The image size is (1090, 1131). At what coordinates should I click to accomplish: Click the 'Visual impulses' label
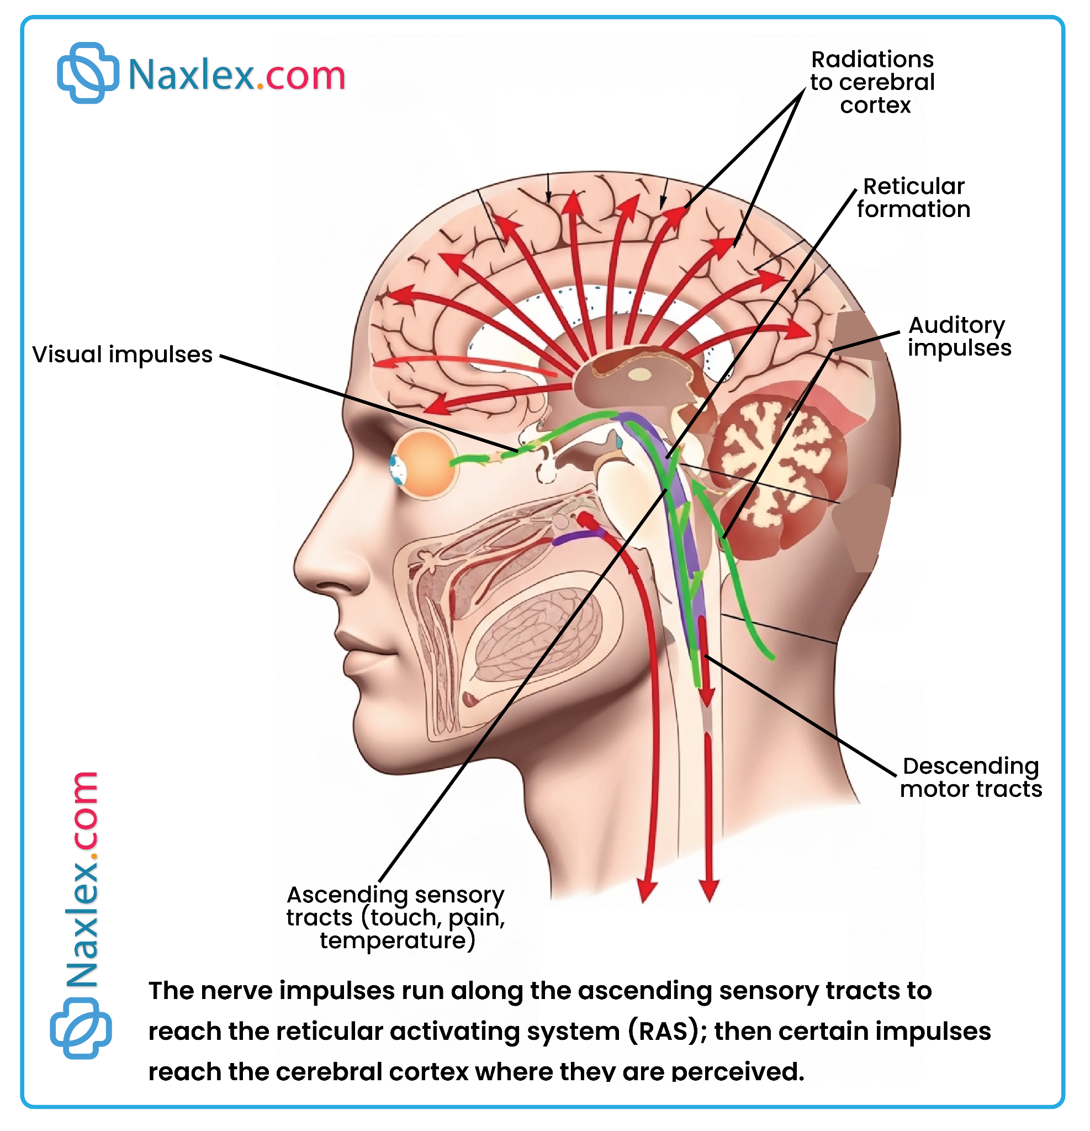click(x=123, y=355)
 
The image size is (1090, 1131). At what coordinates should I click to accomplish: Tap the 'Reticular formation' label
click(x=913, y=198)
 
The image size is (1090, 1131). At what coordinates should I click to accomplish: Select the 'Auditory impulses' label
click(x=959, y=336)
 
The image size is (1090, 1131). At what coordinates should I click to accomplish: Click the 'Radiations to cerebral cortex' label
click(x=872, y=82)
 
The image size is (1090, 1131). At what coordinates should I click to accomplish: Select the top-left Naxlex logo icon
click(x=88, y=73)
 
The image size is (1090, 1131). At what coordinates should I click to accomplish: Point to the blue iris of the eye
click(x=398, y=468)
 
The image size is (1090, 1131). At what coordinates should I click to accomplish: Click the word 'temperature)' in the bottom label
click(x=398, y=940)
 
